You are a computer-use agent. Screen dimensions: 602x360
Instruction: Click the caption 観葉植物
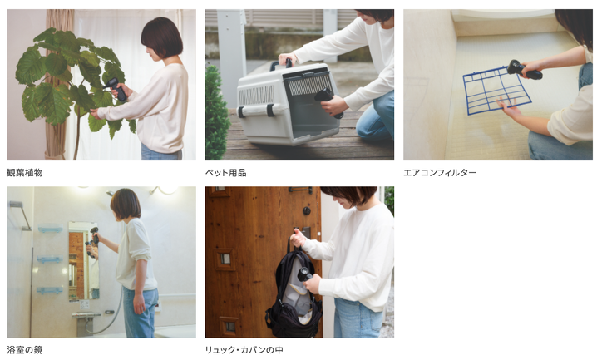pyautogui.click(x=25, y=173)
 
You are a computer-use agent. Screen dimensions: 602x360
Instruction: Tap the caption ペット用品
pyautogui.click(x=226, y=173)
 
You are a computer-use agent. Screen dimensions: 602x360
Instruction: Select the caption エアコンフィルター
pyautogui.click(x=440, y=173)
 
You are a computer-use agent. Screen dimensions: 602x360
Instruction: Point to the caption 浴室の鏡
pyautogui.click(x=25, y=350)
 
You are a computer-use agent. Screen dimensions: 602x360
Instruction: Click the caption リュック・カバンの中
pyautogui.click(x=244, y=350)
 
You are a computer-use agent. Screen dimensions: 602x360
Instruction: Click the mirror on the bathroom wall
pyautogui.click(x=83, y=261)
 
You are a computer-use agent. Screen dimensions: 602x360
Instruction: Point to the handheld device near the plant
pyautogui.click(x=116, y=89)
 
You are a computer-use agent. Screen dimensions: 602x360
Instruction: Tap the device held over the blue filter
pyautogui.click(x=524, y=70)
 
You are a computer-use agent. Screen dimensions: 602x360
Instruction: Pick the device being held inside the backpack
pyautogui.click(x=305, y=274)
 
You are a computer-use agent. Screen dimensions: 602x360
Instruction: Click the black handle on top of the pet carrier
pyautogui.click(x=281, y=65)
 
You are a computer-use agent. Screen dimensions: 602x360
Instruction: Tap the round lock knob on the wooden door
pyautogui.click(x=307, y=210)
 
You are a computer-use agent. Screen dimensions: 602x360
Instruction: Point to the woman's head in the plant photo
pyautogui.click(x=161, y=38)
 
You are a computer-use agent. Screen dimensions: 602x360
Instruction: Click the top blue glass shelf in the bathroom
pyautogui.click(x=50, y=229)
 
